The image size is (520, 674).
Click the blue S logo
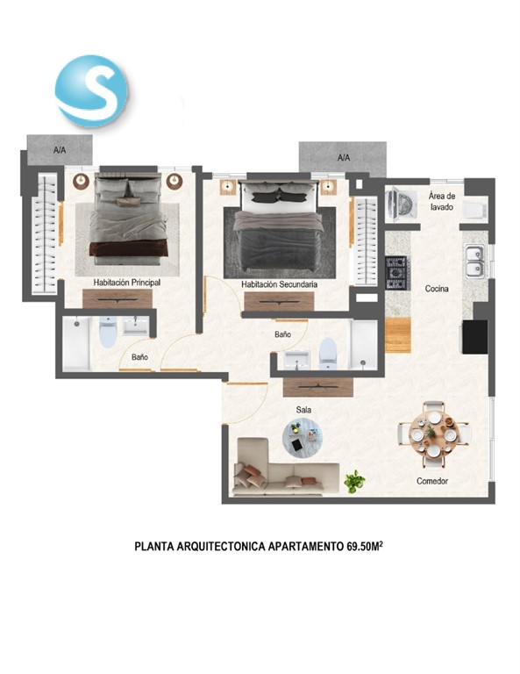coord(91,91)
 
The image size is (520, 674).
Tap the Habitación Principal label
coord(127,283)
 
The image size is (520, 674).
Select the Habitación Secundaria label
coord(279,284)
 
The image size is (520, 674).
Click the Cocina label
coord(437,289)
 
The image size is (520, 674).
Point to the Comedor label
coord(432,481)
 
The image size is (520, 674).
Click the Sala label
coord(303,410)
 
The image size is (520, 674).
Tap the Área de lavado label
coord(442,201)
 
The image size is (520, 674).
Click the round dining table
coord(434,434)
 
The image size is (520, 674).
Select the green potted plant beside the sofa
coord(354,481)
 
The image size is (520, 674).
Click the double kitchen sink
coord(475,262)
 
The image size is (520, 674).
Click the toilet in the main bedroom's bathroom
coord(107,333)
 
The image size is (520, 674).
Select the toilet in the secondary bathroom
coord(328,354)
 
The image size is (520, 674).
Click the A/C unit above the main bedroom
coord(60,149)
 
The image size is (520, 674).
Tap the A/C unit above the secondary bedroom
coord(343,158)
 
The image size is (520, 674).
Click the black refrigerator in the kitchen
coord(475,337)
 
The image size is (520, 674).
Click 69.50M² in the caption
coord(364,546)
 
